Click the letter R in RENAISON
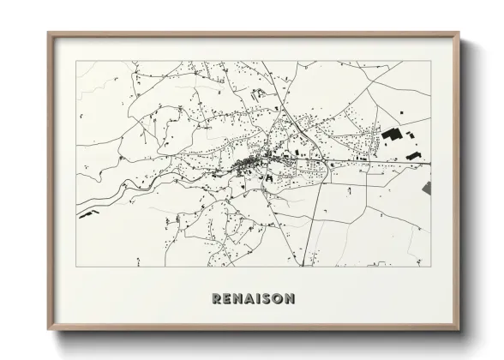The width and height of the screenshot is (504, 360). coord(215,299)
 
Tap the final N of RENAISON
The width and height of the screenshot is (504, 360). coord(292,299)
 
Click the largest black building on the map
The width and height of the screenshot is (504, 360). coord(392,134)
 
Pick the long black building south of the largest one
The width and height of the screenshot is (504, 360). coord(417,156)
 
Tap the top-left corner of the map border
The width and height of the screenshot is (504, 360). coord(76,62)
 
